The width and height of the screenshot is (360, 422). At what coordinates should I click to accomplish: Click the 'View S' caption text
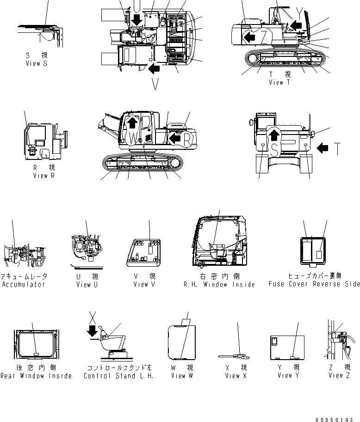point(36,64)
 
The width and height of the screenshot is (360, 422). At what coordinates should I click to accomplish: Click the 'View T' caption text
point(279,82)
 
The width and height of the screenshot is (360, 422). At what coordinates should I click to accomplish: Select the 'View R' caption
point(43,176)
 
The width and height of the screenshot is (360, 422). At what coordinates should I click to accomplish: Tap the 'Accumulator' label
point(24,284)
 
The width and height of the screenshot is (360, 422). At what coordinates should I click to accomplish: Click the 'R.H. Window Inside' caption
point(219,285)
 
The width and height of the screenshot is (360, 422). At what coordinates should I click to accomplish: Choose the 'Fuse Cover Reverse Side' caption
point(314,284)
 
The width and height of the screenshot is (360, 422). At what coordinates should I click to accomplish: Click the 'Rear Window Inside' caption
point(36,376)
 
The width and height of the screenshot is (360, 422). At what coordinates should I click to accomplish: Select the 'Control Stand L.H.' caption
point(118,376)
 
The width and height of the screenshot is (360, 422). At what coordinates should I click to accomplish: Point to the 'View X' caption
point(236,376)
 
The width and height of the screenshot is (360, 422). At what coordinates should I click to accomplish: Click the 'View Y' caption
point(288,376)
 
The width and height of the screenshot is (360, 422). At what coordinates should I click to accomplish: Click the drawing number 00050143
point(337,419)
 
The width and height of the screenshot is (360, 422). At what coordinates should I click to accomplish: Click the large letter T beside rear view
point(338,148)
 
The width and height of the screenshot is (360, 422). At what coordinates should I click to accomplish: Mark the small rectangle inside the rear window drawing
point(37,354)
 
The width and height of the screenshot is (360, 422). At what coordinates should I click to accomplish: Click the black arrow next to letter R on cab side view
point(174,137)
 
